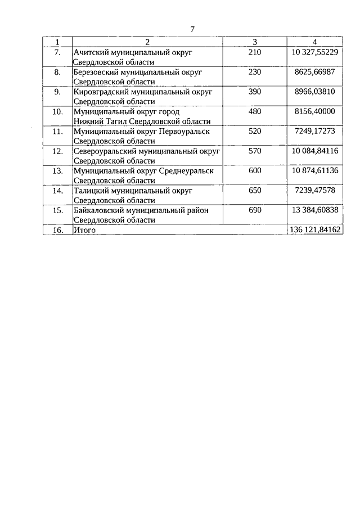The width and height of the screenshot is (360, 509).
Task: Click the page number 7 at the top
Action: pos(192,30)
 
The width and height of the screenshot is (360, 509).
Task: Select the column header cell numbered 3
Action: pos(255,42)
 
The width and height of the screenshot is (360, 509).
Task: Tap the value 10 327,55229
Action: pos(315,52)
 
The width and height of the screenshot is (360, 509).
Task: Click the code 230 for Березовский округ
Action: pos(255,71)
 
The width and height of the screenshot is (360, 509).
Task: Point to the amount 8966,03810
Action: pos(315,91)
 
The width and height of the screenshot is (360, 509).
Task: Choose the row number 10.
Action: pos(57,111)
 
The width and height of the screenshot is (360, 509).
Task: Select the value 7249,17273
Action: pos(315,130)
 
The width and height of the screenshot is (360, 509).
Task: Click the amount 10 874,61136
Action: pos(315,170)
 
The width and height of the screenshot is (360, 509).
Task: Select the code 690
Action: pos(255,210)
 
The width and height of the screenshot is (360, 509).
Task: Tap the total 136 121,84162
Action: pos(315,229)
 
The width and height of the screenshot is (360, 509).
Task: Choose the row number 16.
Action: pos(57,229)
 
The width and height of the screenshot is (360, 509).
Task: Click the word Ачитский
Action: pos(92,52)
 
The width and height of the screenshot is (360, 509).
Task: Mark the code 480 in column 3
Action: pos(255,111)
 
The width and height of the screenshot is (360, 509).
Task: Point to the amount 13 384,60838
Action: pos(315,210)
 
